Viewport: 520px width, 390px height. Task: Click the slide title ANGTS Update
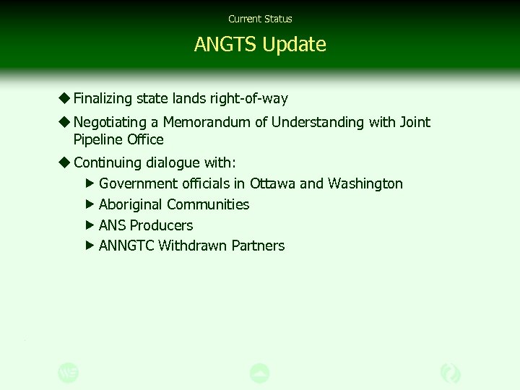pyautogui.click(x=260, y=45)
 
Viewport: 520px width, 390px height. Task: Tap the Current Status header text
pyautogui.click(x=260, y=19)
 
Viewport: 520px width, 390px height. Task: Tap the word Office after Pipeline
pyautogui.click(x=145, y=139)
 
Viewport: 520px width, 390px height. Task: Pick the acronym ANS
pyautogui.click(x=112, y=225)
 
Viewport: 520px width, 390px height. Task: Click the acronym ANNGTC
pyautogui.click(x=126, y=246)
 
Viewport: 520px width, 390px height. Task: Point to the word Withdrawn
pyautogui.click(x=193, y=246)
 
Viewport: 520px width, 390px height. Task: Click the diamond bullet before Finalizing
pyautogui.click(x=64, y=97)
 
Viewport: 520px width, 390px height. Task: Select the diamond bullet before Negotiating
pyautogui.click(x=64, y=121)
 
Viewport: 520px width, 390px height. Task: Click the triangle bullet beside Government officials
pyautogui.click(x=90, y=183)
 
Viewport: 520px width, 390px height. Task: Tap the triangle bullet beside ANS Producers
pyautogui.click(x=90, y=225)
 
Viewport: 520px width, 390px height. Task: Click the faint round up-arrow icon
pyautogui.click(x=259, y=373)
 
